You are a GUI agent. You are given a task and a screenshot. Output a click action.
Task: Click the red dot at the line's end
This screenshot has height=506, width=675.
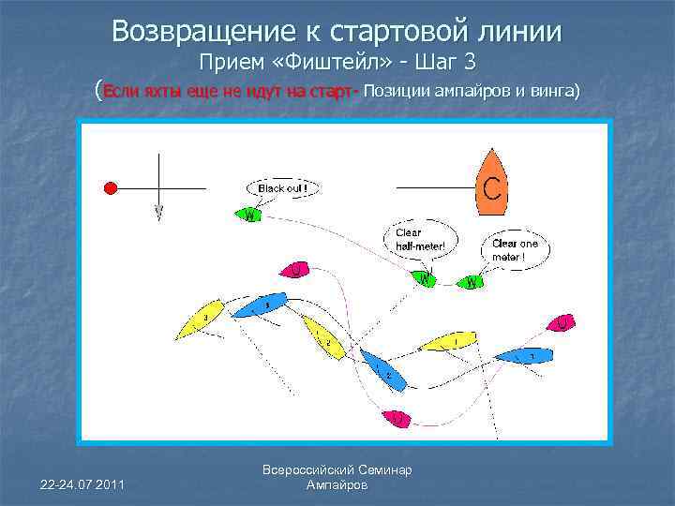point(110,188)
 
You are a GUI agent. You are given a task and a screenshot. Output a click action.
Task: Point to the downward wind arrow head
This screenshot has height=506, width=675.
point(158,214)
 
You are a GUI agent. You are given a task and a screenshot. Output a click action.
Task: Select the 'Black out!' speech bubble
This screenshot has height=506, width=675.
point(282,188)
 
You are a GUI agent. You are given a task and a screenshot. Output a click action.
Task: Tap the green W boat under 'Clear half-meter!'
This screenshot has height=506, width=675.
point(423,278)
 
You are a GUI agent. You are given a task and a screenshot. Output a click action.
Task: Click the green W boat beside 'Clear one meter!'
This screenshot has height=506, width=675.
point(472,280)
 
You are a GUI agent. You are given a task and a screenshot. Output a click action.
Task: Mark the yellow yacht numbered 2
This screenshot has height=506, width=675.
point(321,337)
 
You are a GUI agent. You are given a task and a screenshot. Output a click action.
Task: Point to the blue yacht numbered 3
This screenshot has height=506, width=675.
point(260,305)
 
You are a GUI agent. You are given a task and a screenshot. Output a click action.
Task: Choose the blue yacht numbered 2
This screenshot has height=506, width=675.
point(382,370)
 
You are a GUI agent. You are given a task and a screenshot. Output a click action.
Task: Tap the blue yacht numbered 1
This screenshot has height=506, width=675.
point(524,356)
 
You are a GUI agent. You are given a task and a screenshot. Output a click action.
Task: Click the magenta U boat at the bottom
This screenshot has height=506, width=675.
point(397,418)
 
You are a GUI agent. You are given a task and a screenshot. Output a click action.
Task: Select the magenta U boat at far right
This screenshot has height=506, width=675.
point(560,322)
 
